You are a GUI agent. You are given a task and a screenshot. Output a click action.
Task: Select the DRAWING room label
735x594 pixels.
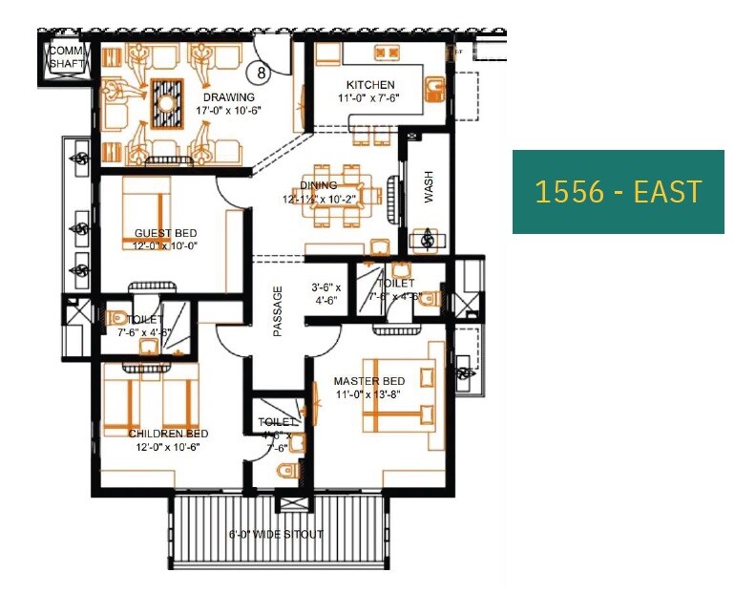[228, 97]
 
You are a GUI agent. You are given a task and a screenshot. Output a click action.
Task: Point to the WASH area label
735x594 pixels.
[429, 193]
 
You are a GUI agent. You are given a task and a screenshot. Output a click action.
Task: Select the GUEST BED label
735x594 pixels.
[165, 233]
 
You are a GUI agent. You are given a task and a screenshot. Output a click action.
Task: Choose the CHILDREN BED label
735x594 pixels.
[168, 434]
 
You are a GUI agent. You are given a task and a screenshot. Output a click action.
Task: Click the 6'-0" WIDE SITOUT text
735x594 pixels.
[276, 534]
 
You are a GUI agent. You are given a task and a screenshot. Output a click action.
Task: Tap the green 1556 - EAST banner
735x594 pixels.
[618, 192]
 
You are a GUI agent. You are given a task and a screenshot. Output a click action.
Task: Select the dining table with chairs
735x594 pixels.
[342, 194]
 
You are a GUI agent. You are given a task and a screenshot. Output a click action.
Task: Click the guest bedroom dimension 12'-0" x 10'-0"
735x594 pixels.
[165, 244]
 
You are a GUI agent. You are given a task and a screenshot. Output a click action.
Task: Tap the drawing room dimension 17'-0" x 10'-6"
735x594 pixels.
[228, 110]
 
